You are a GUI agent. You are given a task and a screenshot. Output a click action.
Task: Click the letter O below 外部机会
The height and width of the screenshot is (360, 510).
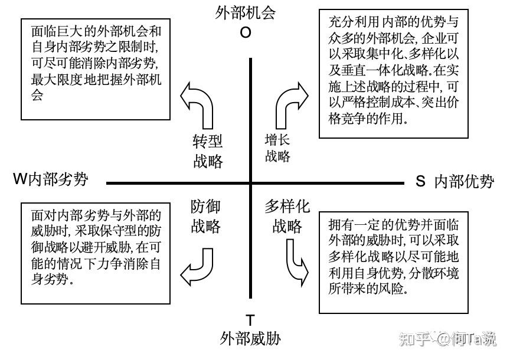pyautogui.click(x=245, y=33)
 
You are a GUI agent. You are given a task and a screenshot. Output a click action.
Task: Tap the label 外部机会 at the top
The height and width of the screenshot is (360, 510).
pyautogui.click(x=246, y=13)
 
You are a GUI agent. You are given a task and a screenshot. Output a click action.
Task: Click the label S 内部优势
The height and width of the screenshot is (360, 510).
pyautogui.click(x=455, y=181)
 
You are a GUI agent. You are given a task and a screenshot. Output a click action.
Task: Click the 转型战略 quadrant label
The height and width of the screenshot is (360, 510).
pyautogui.click(x=208, y=152)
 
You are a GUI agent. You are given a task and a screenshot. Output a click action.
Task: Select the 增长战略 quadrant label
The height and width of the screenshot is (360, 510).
pyautogui.click(x=277, y=148)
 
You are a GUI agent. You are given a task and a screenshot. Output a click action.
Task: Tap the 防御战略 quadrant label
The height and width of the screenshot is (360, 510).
pyautogui.click(x=205, y=216)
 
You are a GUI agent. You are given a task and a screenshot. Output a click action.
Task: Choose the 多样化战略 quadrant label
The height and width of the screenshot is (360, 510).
pyautogui.click(x=287, y=216)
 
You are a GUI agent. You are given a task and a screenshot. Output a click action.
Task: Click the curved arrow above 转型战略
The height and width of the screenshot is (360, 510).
pyautogui.click(x=198, y=106)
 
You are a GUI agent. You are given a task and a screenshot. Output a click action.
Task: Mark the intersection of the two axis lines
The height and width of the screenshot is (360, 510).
pyautogui.click(x=250, y=184)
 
